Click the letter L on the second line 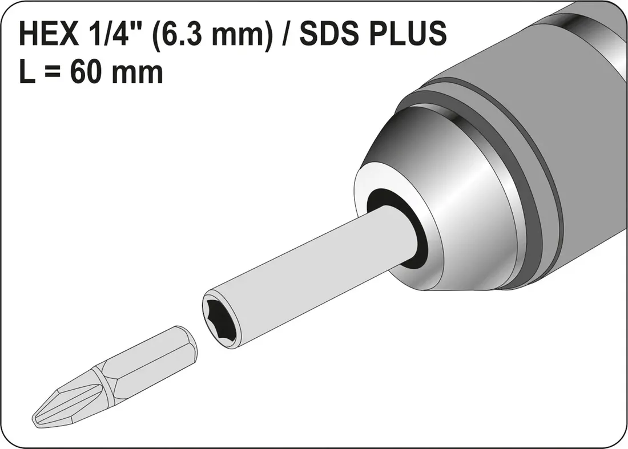27,73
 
